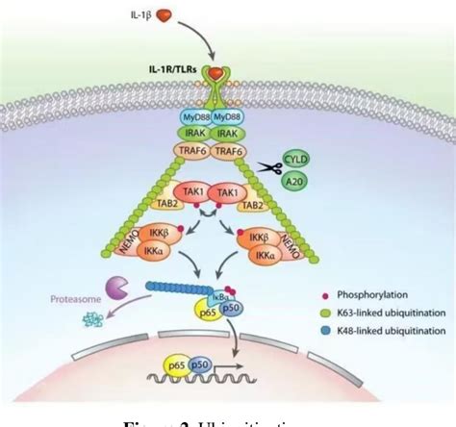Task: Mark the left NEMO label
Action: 132,236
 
